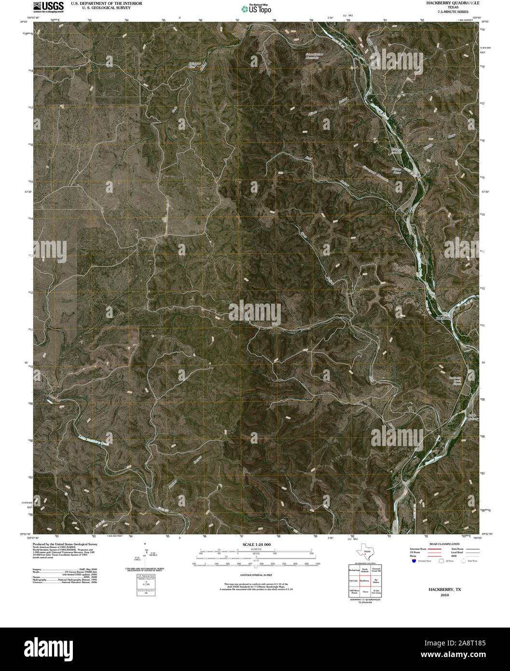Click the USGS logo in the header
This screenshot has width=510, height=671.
click(48, 6)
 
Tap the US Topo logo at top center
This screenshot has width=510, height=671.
click(256, 9)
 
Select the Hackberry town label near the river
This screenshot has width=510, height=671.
click(443, 318)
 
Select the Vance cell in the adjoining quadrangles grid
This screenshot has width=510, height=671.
click(364, 591)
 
